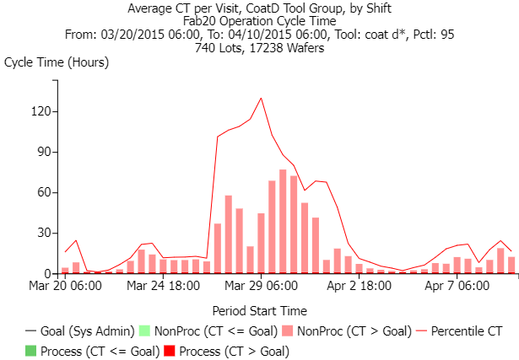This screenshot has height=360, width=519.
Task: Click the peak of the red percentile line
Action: click(261, 98)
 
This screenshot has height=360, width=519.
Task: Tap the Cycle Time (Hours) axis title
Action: click(57, 62)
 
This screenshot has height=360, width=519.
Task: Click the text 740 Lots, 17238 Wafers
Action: click(260, 47)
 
